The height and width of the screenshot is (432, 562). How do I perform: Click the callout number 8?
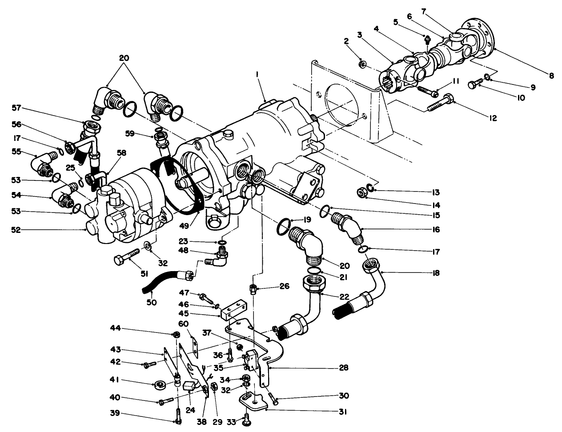(551, 76)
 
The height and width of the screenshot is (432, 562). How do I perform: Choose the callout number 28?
(343, 368)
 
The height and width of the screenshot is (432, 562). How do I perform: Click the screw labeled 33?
(246, 420)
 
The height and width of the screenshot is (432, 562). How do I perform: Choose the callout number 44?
(116, 328)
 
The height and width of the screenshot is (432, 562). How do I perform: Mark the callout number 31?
(342, 412)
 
